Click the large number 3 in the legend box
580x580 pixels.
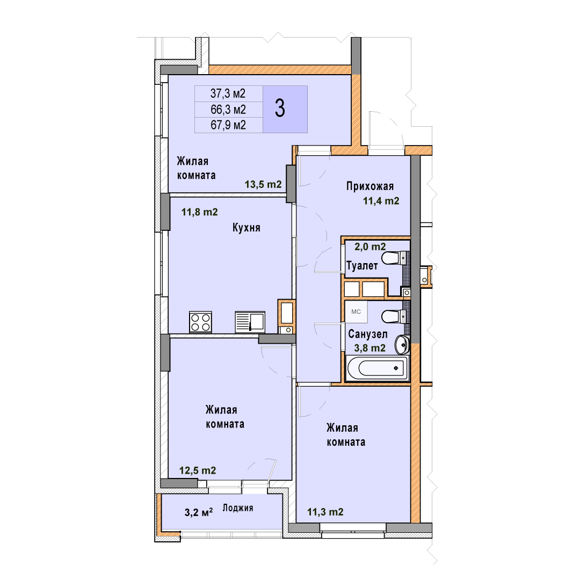(280, 108)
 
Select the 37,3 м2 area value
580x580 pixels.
(228, 93)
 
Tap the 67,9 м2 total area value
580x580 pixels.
(228, 125)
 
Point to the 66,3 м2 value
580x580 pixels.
(228, 110)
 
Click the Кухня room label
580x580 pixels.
(247, 227)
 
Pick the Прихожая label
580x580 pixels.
(370, 186)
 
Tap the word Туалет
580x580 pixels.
(362, 266)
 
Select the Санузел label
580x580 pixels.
(368, 335)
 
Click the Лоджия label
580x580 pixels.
(238, 508)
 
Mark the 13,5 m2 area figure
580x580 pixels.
(263, 184)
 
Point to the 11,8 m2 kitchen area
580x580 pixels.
(199, 212)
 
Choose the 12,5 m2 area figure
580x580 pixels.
(198, 470)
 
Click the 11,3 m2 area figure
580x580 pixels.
(325, 512)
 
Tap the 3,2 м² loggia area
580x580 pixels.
(199, 512)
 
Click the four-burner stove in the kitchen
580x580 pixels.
(200, 322)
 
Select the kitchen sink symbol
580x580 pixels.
(250, 322)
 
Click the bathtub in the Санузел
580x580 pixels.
(378, 368)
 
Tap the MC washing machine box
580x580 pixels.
(356, 311)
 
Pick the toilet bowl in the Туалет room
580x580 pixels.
(394, 258)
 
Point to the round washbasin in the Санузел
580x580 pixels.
(402, 344)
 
